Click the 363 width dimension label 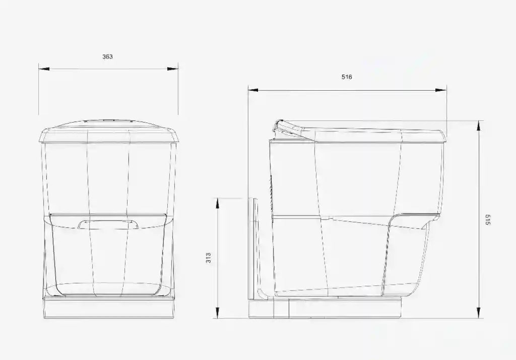107,56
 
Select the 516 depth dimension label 347,77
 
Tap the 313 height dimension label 208,258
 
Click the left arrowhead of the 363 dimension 44,69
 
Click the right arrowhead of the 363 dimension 173,69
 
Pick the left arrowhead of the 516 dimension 254,90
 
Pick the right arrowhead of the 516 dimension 441,90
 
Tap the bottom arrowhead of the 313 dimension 217,313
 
